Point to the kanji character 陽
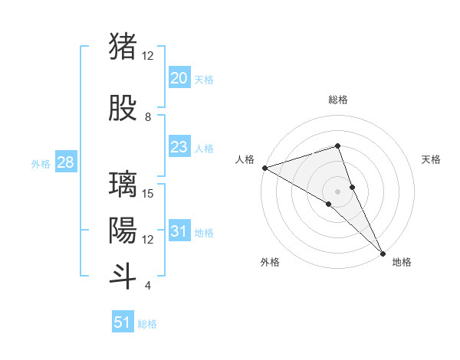[x=123, y=230]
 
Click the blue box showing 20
[x=179, y=78]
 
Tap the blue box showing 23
[x=179, y=147]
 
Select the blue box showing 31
[x=179, y=231]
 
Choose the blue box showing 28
[x=65, y=162]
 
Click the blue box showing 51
[x=123, y=322]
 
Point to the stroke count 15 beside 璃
[x=149, y=193]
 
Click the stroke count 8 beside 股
[x=148, y=117]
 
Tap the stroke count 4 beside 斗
[x=148, y=286]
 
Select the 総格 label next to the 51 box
[x=147, y=324]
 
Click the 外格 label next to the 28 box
[x=41, y=164]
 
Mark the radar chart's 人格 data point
[x=264, y=167]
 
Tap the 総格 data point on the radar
[x=337, y=146]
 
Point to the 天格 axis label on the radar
[x=432, y=159]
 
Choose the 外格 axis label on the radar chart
[x=270, y=262]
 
